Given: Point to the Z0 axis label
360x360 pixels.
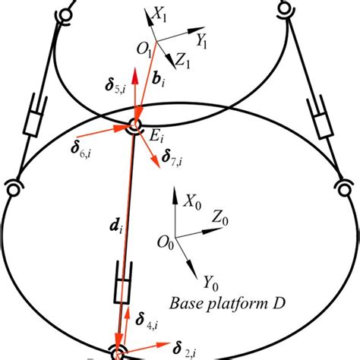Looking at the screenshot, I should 221,218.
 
